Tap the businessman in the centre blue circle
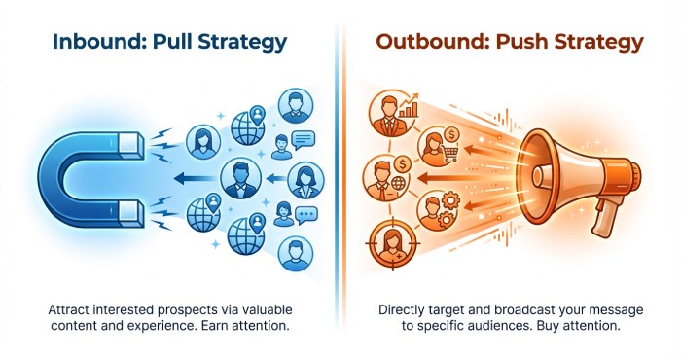point(237,178)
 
